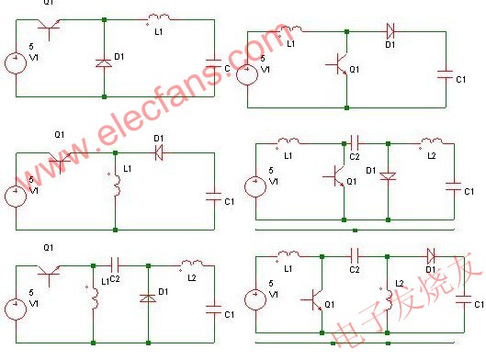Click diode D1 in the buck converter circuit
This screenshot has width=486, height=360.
104,62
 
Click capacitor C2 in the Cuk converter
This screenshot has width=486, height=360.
356,143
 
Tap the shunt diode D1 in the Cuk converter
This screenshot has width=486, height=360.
389,174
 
